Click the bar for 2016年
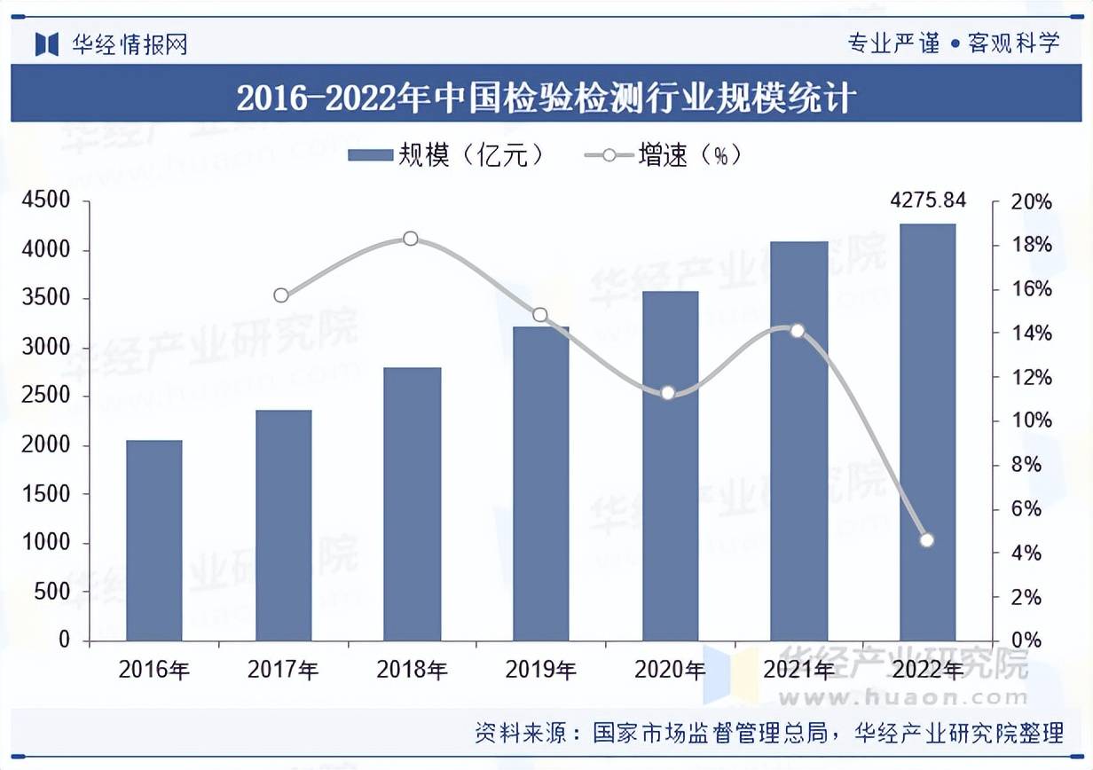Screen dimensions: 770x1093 (x=153, y=540)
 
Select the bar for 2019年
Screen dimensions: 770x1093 (x=540, y=483)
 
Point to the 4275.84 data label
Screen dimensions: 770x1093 (x=927, y=200)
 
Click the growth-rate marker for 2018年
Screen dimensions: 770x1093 (x=410, y=239)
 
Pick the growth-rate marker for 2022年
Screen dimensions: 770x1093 (x=927, y=540)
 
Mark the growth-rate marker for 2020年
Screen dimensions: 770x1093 (x=668, y=393)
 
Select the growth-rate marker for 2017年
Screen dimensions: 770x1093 (x=281, y=295)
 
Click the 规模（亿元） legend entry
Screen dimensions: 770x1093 (x=444, y=155)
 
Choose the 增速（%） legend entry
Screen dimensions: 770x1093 (x=662, y=155)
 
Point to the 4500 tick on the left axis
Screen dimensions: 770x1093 (x=44, y=202)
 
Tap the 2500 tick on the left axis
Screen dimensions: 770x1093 (x=44, y=397)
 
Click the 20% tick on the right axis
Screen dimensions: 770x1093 (x=1032, y=202)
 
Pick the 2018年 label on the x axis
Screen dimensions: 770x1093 (x=412, y=669)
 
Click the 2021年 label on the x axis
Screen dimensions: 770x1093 (x=798, y=669)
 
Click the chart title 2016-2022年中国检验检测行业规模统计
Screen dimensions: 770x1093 (x=546, y=97)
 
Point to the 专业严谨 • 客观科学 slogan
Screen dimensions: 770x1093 (x=954, y=43)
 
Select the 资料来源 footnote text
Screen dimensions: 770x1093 (x=768, y=734)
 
